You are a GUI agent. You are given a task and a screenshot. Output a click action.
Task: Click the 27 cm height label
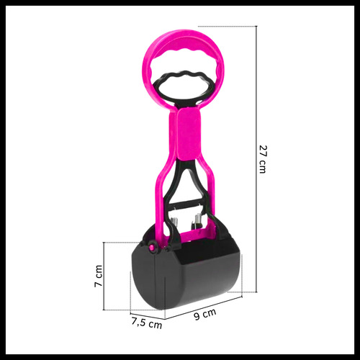pos(263,159)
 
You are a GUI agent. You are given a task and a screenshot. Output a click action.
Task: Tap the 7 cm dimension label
pos(99,276)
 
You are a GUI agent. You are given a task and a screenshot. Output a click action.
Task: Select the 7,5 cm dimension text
pos(147,323)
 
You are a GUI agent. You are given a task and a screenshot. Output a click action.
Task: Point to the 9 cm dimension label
pos(205,314)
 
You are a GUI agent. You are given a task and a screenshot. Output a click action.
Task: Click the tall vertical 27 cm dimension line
pos(256,159)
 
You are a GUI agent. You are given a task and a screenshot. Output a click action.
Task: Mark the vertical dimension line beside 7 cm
pos(104,276)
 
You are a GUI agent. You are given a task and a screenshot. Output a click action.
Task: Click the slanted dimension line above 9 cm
pos(204,308)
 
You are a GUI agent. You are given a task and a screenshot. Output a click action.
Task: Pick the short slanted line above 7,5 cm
pos(148,316)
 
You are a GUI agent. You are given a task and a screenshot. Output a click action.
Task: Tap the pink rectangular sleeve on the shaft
pos(189,134)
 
